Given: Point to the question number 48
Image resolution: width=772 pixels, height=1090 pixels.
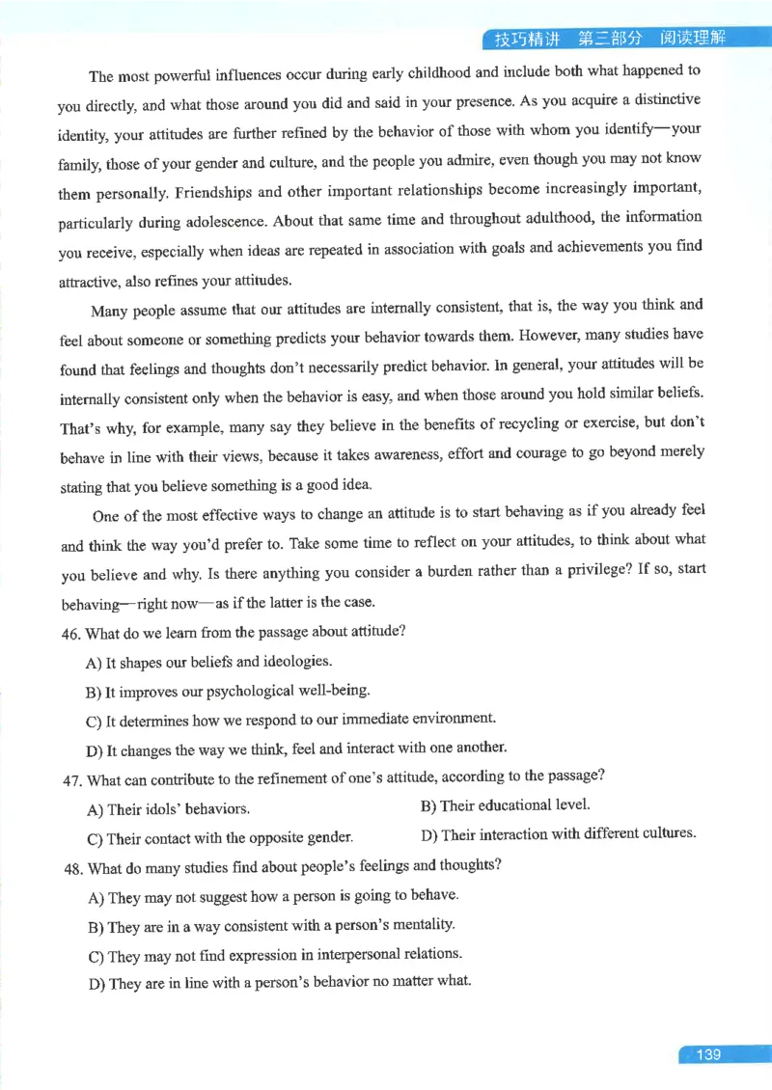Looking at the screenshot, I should coord(72,867).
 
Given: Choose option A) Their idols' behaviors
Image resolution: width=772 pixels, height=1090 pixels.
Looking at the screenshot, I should coord(168,808).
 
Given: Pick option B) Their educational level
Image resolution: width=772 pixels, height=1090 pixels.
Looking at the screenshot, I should coord(505,804).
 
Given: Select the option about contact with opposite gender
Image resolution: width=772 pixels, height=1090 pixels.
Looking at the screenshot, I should coord(219,837).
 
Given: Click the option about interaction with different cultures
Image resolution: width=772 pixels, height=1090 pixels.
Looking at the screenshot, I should coord(559,833).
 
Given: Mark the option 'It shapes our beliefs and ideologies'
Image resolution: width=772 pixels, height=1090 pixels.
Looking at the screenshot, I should coord(208,662).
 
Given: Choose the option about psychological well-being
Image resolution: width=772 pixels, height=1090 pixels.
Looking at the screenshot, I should coord(228,691).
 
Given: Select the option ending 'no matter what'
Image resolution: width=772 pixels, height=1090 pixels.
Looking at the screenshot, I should coord(279,982).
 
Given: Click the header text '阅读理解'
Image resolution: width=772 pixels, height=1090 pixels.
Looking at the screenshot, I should coord(693,39).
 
